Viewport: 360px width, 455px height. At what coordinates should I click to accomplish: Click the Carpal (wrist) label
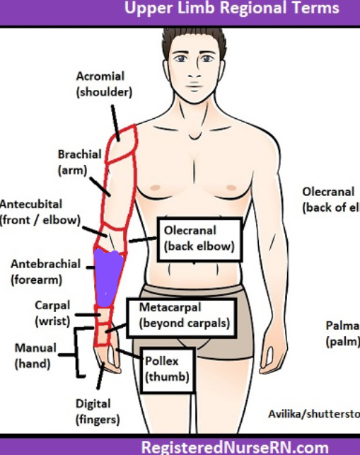click(x=52, y=313)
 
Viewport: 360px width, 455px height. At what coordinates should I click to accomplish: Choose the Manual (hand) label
click(x=33, y=356)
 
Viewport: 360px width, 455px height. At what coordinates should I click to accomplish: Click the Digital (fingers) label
click(x=93, y=411)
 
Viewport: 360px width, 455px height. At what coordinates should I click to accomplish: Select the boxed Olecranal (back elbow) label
click(x=199, y=239)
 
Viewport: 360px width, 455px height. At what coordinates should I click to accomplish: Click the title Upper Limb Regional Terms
click(x=231, y=9)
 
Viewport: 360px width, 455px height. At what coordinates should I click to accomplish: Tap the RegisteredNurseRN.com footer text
click(x=236, y=447)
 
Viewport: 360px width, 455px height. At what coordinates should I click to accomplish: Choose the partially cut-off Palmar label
click(x=342, y=333)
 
